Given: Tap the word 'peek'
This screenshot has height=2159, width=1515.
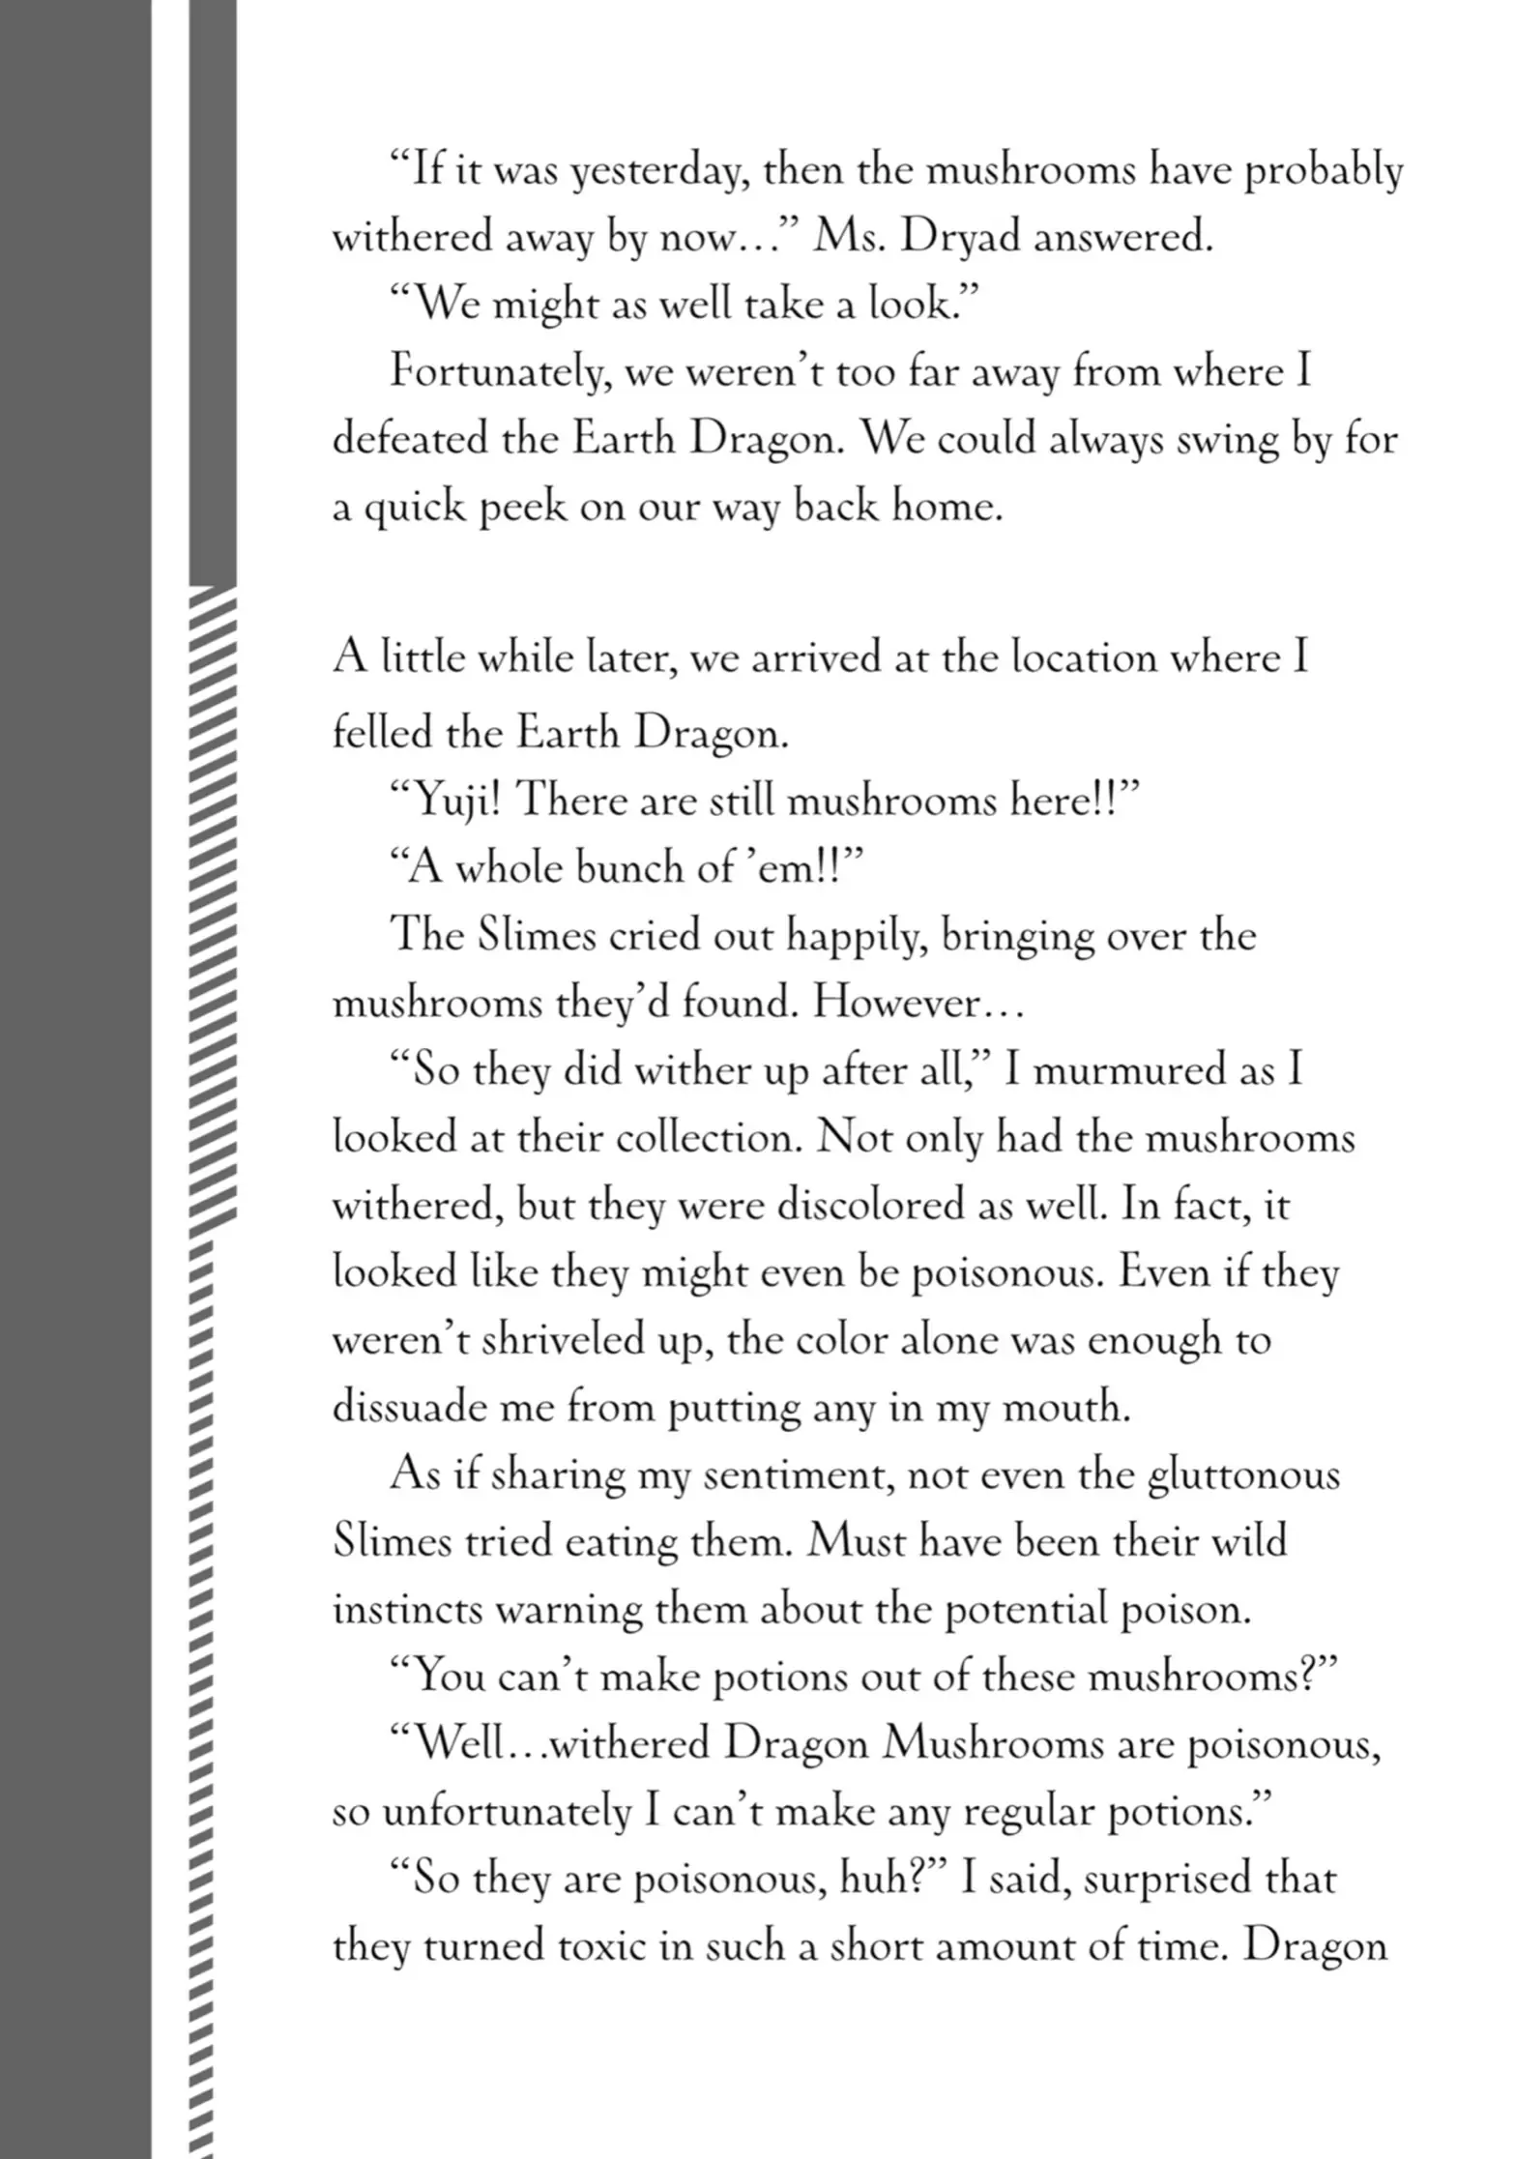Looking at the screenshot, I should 518,508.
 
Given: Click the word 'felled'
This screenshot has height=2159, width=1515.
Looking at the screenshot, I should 382,734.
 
